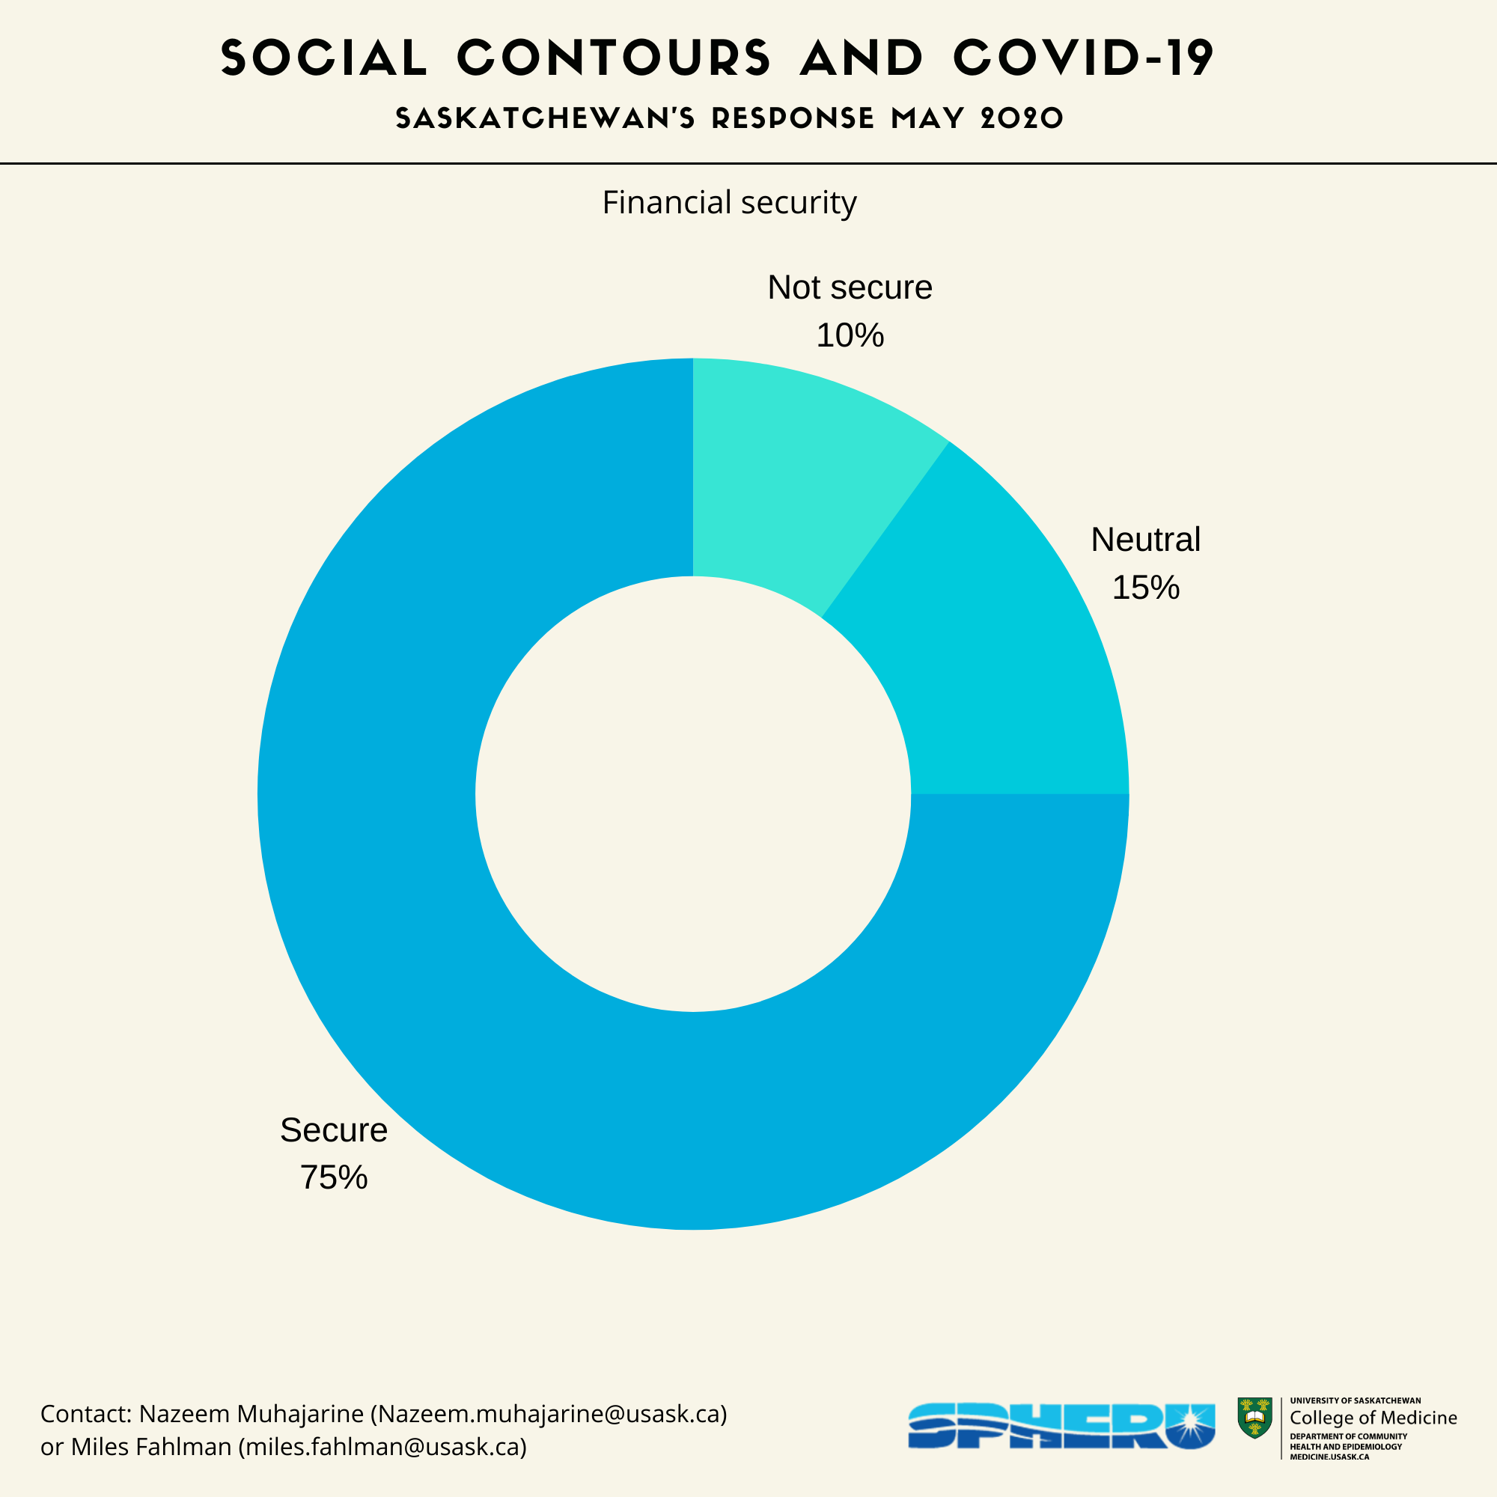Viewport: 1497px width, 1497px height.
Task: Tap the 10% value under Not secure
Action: coord(850,335)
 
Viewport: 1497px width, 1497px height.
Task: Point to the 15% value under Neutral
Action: coord(1145,588)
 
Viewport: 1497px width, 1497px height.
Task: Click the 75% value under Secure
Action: coord(333,1177)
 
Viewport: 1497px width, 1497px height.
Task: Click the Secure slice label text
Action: coord(333,1129)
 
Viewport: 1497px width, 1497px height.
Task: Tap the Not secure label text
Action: coord(850,287)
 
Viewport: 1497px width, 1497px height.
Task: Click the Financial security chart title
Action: coord(729,202)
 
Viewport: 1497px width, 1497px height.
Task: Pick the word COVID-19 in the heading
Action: coord(1083,58)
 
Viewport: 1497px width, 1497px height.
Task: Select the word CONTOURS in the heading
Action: coord(614,58)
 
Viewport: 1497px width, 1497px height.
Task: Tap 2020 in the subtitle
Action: coord(1021,118)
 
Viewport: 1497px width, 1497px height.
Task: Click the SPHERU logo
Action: coord(1061,1426)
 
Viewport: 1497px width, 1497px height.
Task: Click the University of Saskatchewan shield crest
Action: coord(1254,1418)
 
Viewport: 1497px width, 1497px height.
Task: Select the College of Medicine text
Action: coord(1373,1418)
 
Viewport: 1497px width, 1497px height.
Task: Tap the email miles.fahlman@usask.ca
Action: coord(382,1447)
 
